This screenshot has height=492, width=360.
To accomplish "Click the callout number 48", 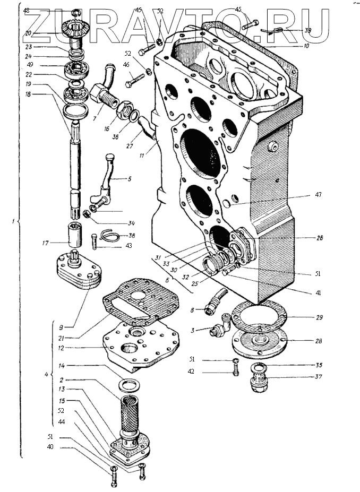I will [x=27, y=11].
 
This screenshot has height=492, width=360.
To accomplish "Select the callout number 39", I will [x=308, y=31].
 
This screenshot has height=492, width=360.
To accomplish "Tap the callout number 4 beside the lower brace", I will [x=46, y=375].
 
